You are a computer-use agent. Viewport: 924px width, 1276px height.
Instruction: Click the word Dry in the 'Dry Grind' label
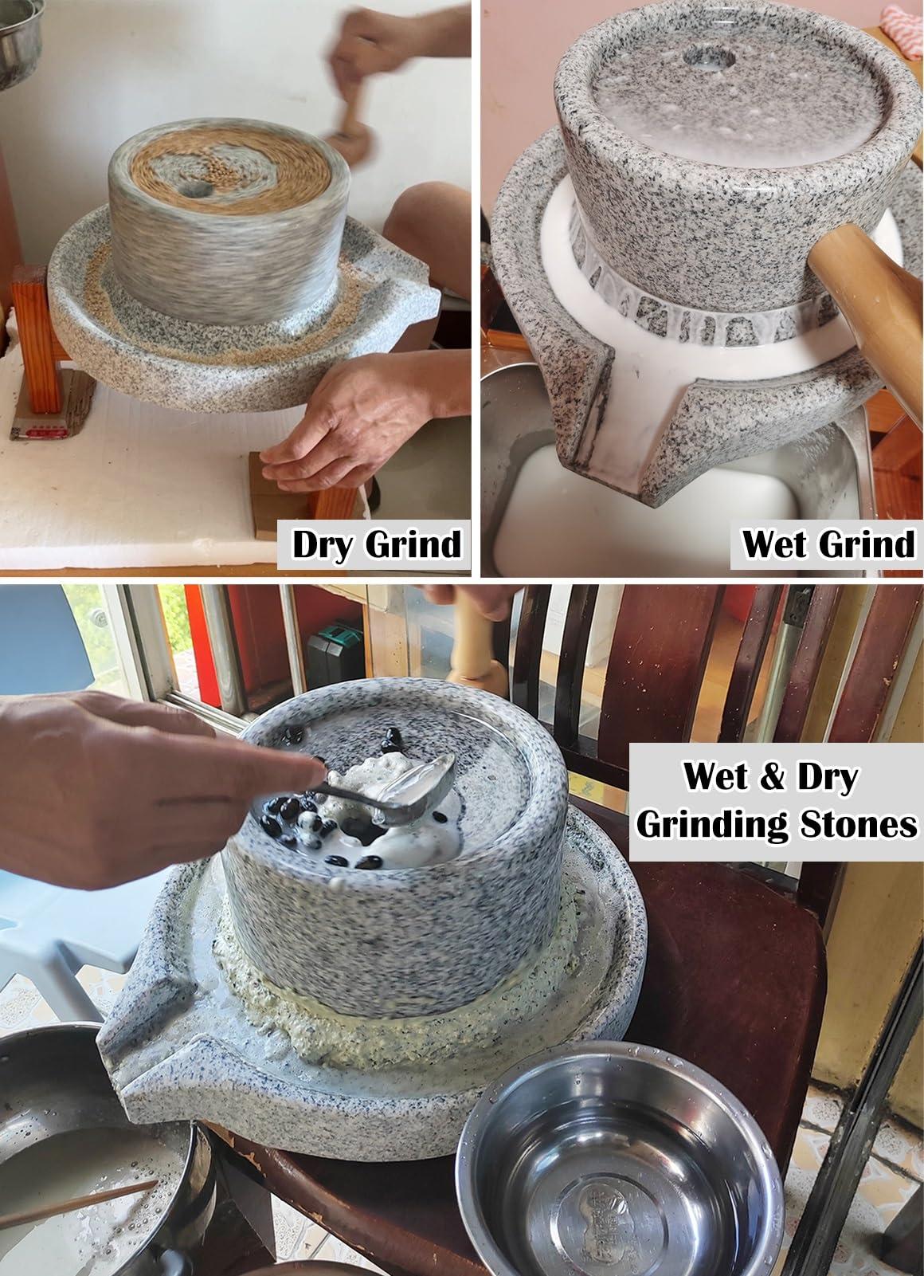coord(323,544)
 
